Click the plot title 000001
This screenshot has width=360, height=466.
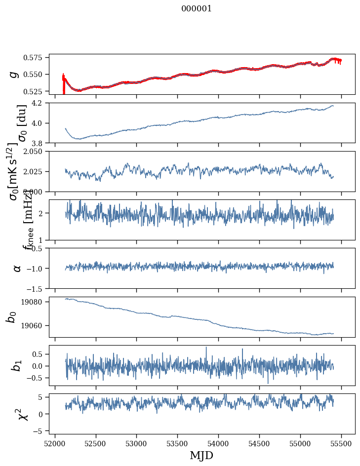point(197,9)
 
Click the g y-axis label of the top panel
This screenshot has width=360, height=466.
point(14,74)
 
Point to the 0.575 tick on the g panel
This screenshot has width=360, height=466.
point(37,58)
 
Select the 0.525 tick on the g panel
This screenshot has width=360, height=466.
point(37,91)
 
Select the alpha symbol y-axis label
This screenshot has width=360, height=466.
point(17,268)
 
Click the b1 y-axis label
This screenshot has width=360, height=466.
point(16,365)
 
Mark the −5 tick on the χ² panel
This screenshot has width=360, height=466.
point(41,430)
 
